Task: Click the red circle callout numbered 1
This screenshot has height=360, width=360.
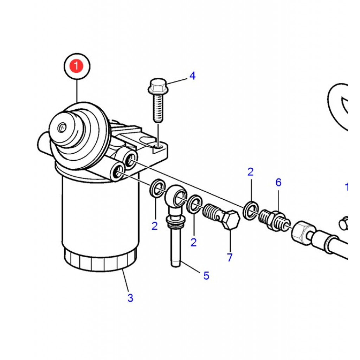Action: (x=77, y=65)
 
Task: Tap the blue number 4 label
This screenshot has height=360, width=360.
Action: (x=192, y=76)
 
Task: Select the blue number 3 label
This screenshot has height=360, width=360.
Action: (x=130, y=298)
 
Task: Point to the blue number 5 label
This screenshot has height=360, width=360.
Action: (x=206, y=276)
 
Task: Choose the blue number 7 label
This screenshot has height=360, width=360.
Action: (x=230, y=257)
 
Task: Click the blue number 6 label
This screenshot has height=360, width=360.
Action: (x=278, y=182)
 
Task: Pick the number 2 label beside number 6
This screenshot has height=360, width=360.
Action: (x=250, y=172)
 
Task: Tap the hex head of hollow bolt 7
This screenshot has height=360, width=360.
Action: (x=231, y=220)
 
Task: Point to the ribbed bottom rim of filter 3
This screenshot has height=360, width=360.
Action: (x=100, y=261)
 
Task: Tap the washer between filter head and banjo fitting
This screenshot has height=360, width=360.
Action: (x=157, y=187)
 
